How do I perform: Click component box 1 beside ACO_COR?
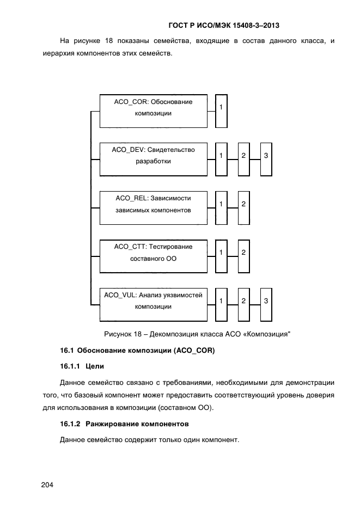(x=221, y=111)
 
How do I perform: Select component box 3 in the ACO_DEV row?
(x=266, y=158)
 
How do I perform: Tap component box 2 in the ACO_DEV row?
(x=243, y=158)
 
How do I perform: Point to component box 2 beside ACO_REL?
(x=243, y=207)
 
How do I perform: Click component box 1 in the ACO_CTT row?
(x=221, y=255)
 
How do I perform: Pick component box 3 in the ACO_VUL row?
(x=266, y=303)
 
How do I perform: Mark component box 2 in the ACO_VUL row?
(x=243, y=303)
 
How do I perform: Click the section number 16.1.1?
(x=70, y=366)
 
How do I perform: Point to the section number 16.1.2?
(x=70, y=424)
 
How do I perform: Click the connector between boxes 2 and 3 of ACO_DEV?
(x=255, y=159)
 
